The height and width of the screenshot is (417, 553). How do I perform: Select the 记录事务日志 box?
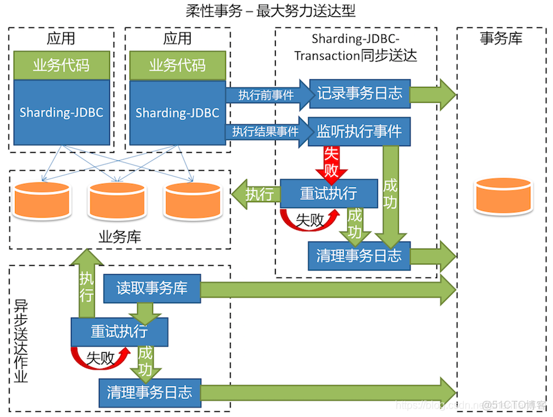pyautogui.click(x=359, y=93)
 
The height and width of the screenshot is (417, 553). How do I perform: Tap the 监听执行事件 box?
pyautogui.click(x=359, y=132)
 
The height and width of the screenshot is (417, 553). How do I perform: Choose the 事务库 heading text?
pyautogui.click(x=501, y=38)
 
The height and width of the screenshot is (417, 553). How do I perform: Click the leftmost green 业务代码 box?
pyautogui.click(x=61, y=66)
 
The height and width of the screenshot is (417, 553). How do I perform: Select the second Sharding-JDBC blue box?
pyautogui.click(x=177, y=113)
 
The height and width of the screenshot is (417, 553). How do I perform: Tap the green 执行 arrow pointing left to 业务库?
pyautogui.click(x=256, y=194)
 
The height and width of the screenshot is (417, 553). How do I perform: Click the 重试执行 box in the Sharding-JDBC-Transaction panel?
pyautogui.click(x=329, y=194)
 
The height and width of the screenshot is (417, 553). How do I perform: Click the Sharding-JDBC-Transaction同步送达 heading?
pyautogui.click(x=355, y=47)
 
